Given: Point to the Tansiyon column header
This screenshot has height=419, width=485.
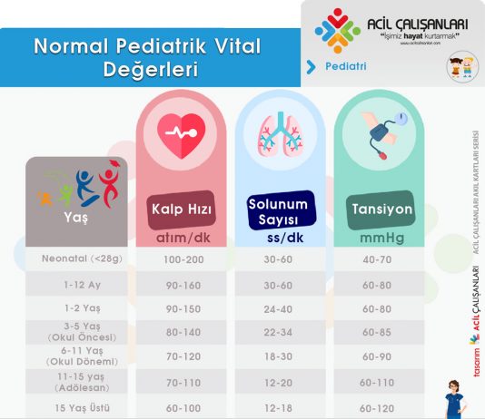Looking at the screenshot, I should tap(381, 209).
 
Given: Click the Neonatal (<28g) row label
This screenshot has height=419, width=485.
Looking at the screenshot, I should tap(75, 259).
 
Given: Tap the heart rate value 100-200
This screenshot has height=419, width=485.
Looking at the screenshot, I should tap(180, 259).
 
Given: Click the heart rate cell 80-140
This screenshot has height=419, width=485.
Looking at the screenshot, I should tap(180, 333).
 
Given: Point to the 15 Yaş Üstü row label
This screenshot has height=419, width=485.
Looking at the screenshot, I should tap(75, 409).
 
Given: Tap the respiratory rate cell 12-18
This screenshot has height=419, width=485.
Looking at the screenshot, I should tap(278, 409).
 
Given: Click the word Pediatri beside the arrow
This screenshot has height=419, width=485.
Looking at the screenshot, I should tap(345, 66).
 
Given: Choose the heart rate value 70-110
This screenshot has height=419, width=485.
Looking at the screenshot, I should tap(180, 384).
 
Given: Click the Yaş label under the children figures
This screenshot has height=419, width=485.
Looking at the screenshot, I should tap(75, 219).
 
